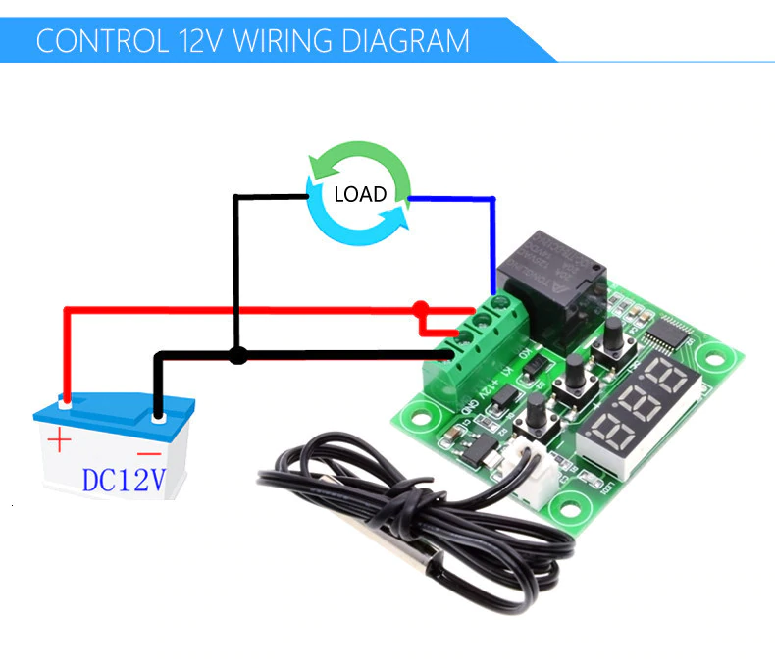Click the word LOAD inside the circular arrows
[x=360, y=193]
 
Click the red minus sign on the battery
[x=149, y=453]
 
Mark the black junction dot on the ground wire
[x=236, y=355]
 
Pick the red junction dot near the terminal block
[x=421, y=309]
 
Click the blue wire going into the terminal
[x=493, y=245]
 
